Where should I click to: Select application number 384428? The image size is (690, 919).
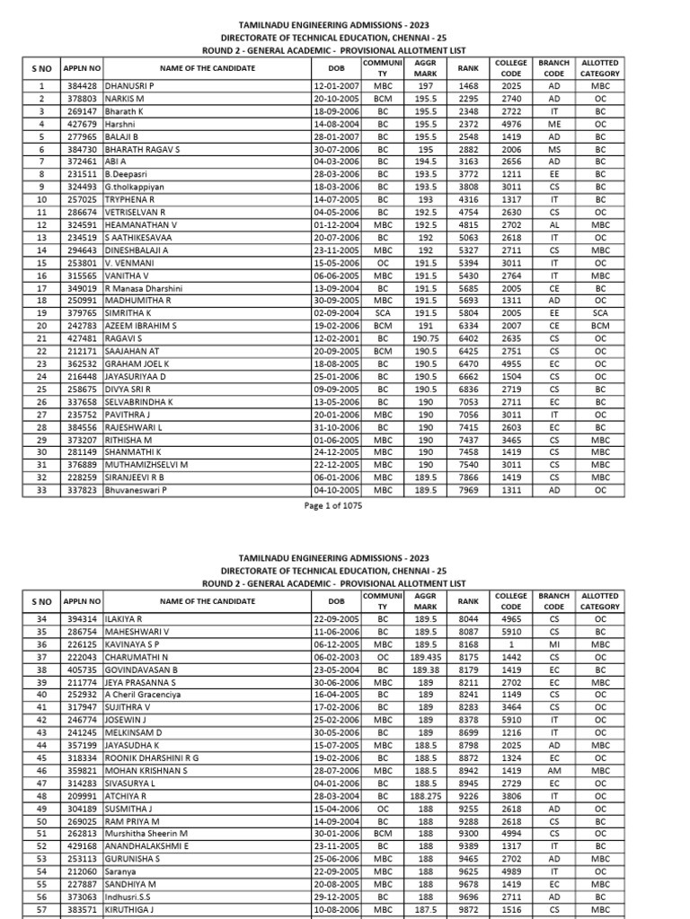point(82,85)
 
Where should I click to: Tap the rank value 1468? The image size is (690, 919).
point(468,85)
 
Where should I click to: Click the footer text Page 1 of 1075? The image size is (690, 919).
point(344,507)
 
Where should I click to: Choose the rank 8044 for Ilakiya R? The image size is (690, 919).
point(468,619)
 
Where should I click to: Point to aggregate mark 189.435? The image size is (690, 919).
point(425,657)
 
